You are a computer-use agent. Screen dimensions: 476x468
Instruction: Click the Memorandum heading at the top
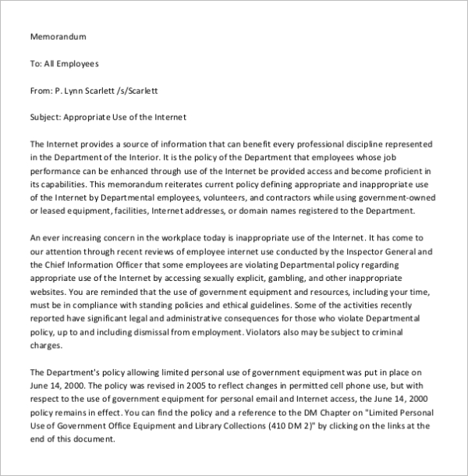(58, 37)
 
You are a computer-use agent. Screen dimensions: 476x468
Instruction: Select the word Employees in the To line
(76, 63)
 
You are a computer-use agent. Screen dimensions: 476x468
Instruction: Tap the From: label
(41, 91)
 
